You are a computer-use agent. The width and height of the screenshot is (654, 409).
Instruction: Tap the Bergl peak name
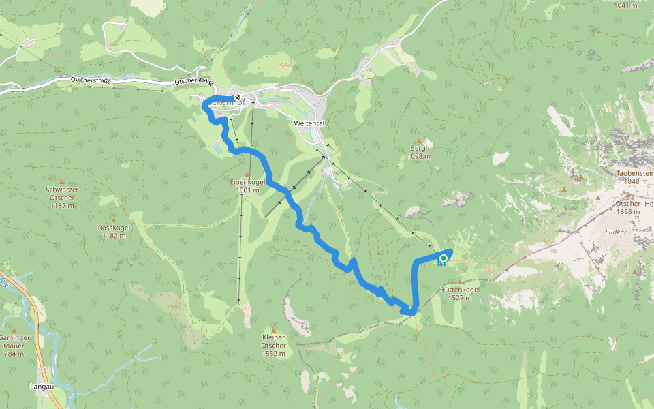[x=418, y=148]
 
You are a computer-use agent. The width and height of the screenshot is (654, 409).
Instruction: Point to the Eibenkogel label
[x=247, y=182]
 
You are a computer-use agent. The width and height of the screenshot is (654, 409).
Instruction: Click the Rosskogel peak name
[x=113, y=228]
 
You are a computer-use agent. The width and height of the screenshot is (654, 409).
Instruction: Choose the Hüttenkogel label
[x=461, y=289]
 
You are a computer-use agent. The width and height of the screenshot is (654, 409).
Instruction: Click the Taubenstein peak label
[x=636, y=173]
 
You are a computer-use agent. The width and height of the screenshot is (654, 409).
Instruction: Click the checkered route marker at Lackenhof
[x=238, y=97]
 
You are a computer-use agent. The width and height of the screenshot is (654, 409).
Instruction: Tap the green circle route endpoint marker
[x=443, y=258]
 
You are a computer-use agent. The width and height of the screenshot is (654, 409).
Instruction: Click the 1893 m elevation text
[x=627, y=211]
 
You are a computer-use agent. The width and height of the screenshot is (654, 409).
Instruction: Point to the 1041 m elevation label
[x=626, y=5]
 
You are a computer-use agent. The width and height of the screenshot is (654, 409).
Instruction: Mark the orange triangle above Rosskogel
[x=114, y=218]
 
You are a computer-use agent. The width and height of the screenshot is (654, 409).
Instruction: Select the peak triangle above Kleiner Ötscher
[x=273, y=330]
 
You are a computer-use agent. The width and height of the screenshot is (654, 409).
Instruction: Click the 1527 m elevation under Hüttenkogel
[x=461, y=297]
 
